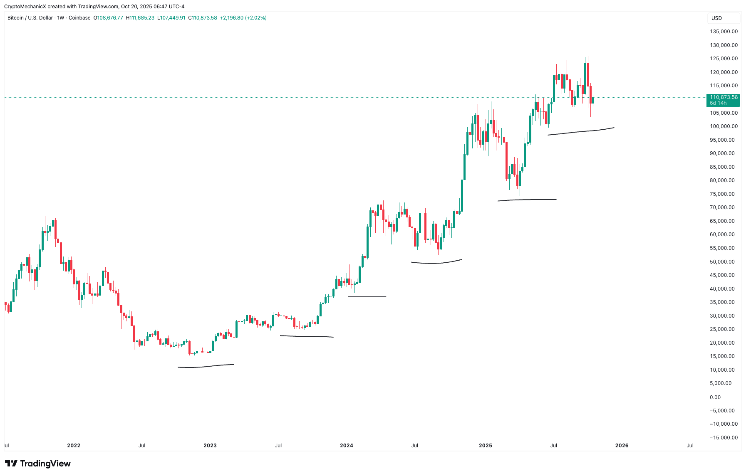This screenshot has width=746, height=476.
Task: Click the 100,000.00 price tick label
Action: [724, 126]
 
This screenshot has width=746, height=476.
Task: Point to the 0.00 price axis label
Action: [715, 397]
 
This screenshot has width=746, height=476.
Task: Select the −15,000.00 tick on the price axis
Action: [724, 438]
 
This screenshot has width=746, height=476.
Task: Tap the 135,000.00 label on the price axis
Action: [724, 32]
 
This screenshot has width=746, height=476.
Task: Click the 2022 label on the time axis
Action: [74, 446]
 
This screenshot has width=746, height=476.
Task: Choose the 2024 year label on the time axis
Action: [347, 446]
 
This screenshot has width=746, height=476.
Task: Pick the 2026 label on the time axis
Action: [622, 446]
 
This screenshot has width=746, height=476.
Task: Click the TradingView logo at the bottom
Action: [38, 464]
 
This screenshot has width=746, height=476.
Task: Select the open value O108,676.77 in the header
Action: [108, 18]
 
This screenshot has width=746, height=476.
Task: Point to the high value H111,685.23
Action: [140, 18]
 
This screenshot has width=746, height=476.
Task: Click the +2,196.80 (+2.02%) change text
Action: [243, 18]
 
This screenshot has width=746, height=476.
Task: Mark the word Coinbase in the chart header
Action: [79, 18]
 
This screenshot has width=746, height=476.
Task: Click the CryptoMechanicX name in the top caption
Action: [25, 7]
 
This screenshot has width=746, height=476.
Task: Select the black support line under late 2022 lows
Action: [206, 366]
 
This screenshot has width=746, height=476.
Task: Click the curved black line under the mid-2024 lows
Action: [436, 263]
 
